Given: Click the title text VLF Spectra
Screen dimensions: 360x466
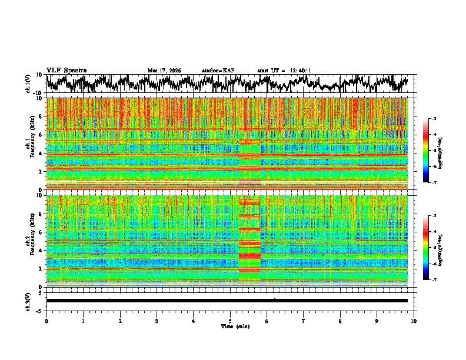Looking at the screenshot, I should [x=66, y=70].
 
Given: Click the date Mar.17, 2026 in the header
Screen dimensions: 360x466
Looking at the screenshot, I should [x=164, y=71].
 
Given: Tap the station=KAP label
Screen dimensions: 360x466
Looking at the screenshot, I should [x=218, y=71].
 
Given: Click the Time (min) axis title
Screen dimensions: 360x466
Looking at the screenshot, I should [x=230, y=326].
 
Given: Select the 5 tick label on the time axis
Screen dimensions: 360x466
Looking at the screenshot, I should [x=230, y=321].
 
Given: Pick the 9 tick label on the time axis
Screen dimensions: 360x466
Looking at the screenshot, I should [x=377, y=321].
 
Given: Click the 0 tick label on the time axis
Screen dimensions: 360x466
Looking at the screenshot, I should [x=46, y=321].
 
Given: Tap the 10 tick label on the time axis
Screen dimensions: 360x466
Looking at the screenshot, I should [x=414, y=321].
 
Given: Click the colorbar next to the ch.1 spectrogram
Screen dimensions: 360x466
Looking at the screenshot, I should [x=433, y=151].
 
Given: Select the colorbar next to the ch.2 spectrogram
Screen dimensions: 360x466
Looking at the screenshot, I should [x=433, y=248].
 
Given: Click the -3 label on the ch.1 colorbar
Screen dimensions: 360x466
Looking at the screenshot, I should [x=440, y=119].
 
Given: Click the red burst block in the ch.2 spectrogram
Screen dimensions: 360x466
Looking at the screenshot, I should [x=249, y=244].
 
